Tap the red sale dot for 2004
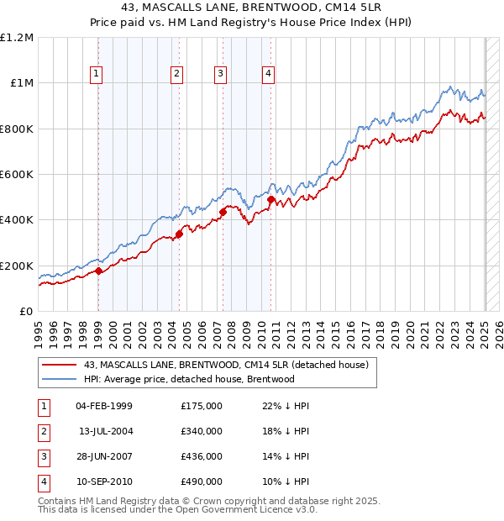179,234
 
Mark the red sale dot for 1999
98,271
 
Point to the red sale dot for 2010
270,200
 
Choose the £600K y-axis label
17,175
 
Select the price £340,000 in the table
202,431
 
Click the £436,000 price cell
202,456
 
